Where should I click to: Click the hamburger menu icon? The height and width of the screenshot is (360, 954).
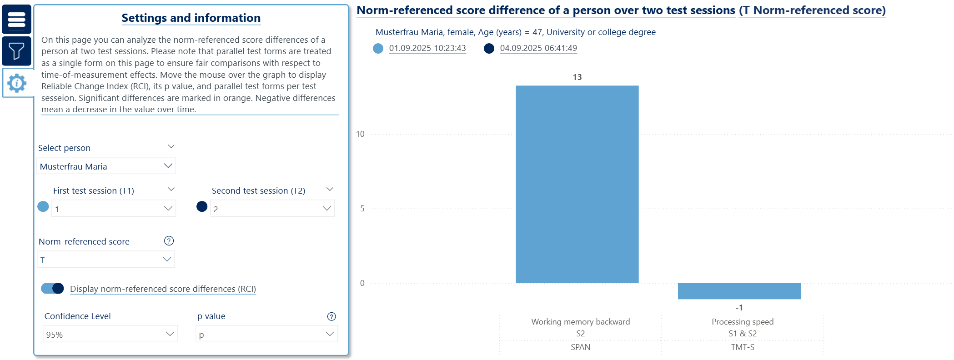(16, 20)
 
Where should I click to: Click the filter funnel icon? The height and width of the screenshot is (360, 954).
(16, 51)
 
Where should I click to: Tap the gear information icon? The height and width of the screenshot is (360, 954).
(17, 83)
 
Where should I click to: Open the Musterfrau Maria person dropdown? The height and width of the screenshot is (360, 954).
(106, 166)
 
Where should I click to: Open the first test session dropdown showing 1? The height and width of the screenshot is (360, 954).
(113, 209)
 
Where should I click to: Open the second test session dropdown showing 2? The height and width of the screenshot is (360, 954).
(272, 209)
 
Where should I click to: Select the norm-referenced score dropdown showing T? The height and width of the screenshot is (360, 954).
(105, 260)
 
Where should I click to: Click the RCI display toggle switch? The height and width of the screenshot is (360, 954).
(52, 289)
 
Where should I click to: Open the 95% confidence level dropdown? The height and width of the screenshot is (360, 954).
(110, 335)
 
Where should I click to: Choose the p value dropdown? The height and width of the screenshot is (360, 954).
(266, 335)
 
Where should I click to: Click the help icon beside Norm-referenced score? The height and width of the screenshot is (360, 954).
(169, 241)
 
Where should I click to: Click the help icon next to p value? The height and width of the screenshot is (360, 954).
(331, 317)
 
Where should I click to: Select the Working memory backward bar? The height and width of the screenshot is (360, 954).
(577, 184)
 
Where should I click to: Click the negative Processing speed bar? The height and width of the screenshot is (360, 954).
(739, 291)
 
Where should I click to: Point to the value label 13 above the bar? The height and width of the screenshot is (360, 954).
(577, 77)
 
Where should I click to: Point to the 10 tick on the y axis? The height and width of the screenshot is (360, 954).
(360, 134)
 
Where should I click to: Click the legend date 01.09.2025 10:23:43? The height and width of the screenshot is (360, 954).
(427, 48)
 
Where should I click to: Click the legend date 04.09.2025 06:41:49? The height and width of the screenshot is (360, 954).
(538, 48)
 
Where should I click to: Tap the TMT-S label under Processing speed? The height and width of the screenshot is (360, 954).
(743, 347)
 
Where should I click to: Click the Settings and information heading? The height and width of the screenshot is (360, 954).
(191, 18)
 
